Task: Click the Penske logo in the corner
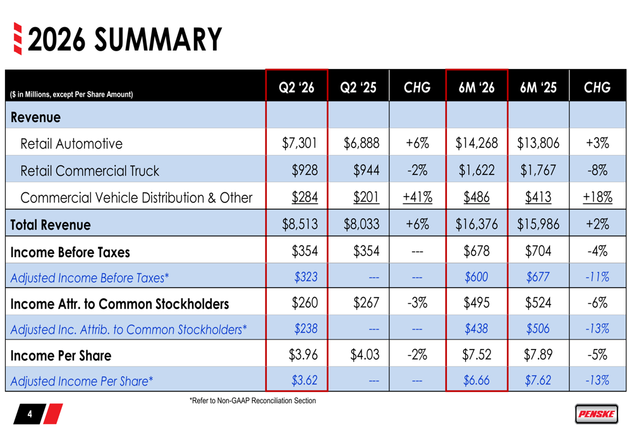pos(596,413)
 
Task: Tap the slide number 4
pos(30,414)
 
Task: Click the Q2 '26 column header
pos(296,87)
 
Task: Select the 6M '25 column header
pos(538,87)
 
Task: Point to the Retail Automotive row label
pos(71,143)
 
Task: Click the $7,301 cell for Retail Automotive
pos(300,143)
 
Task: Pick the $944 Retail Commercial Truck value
pos(366,170)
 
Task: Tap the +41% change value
pos(418,197)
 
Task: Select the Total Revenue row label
pos(51,224)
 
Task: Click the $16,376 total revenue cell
pos(477,224)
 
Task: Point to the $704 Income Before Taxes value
pos(538,251)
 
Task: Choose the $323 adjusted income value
pos(306,277)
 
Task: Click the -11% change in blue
pos(597,277)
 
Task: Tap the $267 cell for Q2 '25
pos(366,303)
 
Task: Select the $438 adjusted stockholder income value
pos(477,329)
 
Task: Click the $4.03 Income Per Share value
pos(365,355)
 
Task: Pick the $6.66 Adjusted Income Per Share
pos(477,380)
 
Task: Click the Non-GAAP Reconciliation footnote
pos(253,401)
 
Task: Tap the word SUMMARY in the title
pos(158,40)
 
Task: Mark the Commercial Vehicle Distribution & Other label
pos(137,198)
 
